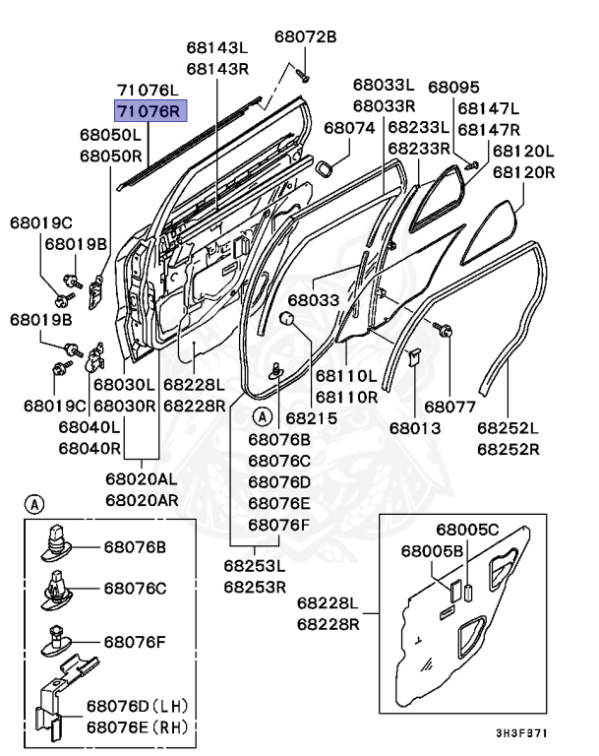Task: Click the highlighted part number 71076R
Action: click(150, 111)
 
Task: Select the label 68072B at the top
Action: click(305, 36)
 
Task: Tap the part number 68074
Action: click(349, 128)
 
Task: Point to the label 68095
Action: click(453, 88)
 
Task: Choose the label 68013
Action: click(414, 428)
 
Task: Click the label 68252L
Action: click(509, 428)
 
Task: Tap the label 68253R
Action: click(254, 587)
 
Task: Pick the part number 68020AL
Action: click(142, 478)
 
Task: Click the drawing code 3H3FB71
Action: click(520, 733)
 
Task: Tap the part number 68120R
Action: click(523, 171)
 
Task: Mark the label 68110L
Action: click(346, 376)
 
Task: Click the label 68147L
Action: click(489, 108)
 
